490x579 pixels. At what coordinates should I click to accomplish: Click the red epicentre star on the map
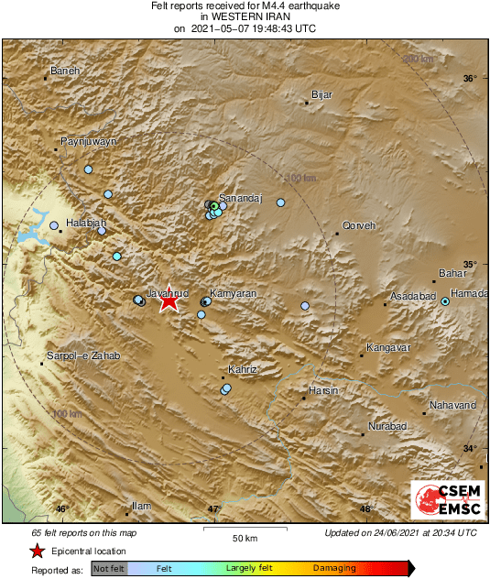(x=169, y=300)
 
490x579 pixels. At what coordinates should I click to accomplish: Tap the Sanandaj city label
(x=240, y=198)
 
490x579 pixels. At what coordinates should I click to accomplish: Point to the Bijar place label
(x=321, y=94)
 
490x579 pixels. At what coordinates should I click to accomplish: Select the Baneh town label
(x=65, y=71)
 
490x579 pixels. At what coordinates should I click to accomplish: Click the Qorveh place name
(x=358, y=225)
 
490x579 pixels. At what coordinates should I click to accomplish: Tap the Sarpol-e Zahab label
(x=83, y=355)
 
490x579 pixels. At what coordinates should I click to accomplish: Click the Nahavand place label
(x=453, y=405)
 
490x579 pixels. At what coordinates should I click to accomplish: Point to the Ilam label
(x=141, y=506)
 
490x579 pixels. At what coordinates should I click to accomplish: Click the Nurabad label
(x=387, y=428)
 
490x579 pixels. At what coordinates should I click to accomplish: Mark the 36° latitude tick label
(x=469, y=79)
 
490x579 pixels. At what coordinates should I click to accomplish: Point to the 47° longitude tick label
(x=213, y=509)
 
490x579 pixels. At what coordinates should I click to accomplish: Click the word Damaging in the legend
(x=335, y=568)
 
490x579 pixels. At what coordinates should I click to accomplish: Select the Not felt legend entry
(x=108, y=568)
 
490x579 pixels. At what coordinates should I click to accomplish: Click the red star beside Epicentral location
(x=37, y=551)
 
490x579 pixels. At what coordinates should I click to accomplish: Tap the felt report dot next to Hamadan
(x=445, y=300)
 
